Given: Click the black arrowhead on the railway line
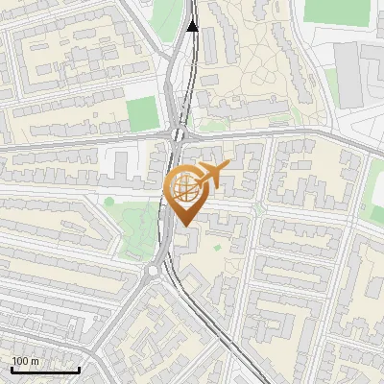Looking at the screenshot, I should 193,25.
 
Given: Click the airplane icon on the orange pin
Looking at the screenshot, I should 211,174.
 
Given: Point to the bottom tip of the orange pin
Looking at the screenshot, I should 184,226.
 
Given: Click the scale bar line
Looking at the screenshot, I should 45,370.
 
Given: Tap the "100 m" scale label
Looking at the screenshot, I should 26,361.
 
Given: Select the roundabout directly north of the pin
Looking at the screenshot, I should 179,133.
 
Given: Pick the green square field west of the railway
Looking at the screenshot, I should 142,113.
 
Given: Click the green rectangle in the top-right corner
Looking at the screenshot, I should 336,12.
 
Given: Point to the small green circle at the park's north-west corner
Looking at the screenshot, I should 108,202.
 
